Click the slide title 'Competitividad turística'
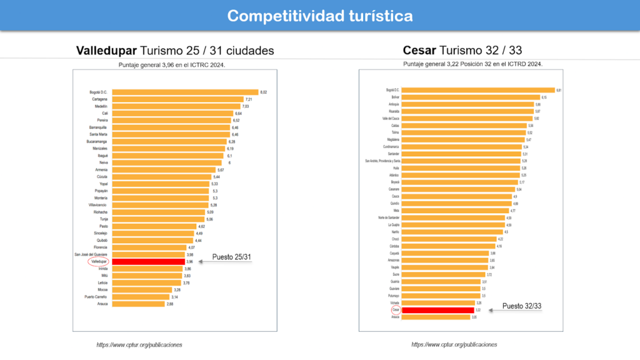319,16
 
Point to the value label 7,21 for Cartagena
248,99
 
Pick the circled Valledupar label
98,261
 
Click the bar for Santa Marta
169,134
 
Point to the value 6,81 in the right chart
558,90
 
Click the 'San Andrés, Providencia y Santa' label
382,161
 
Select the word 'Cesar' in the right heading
419,50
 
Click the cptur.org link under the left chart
139,344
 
